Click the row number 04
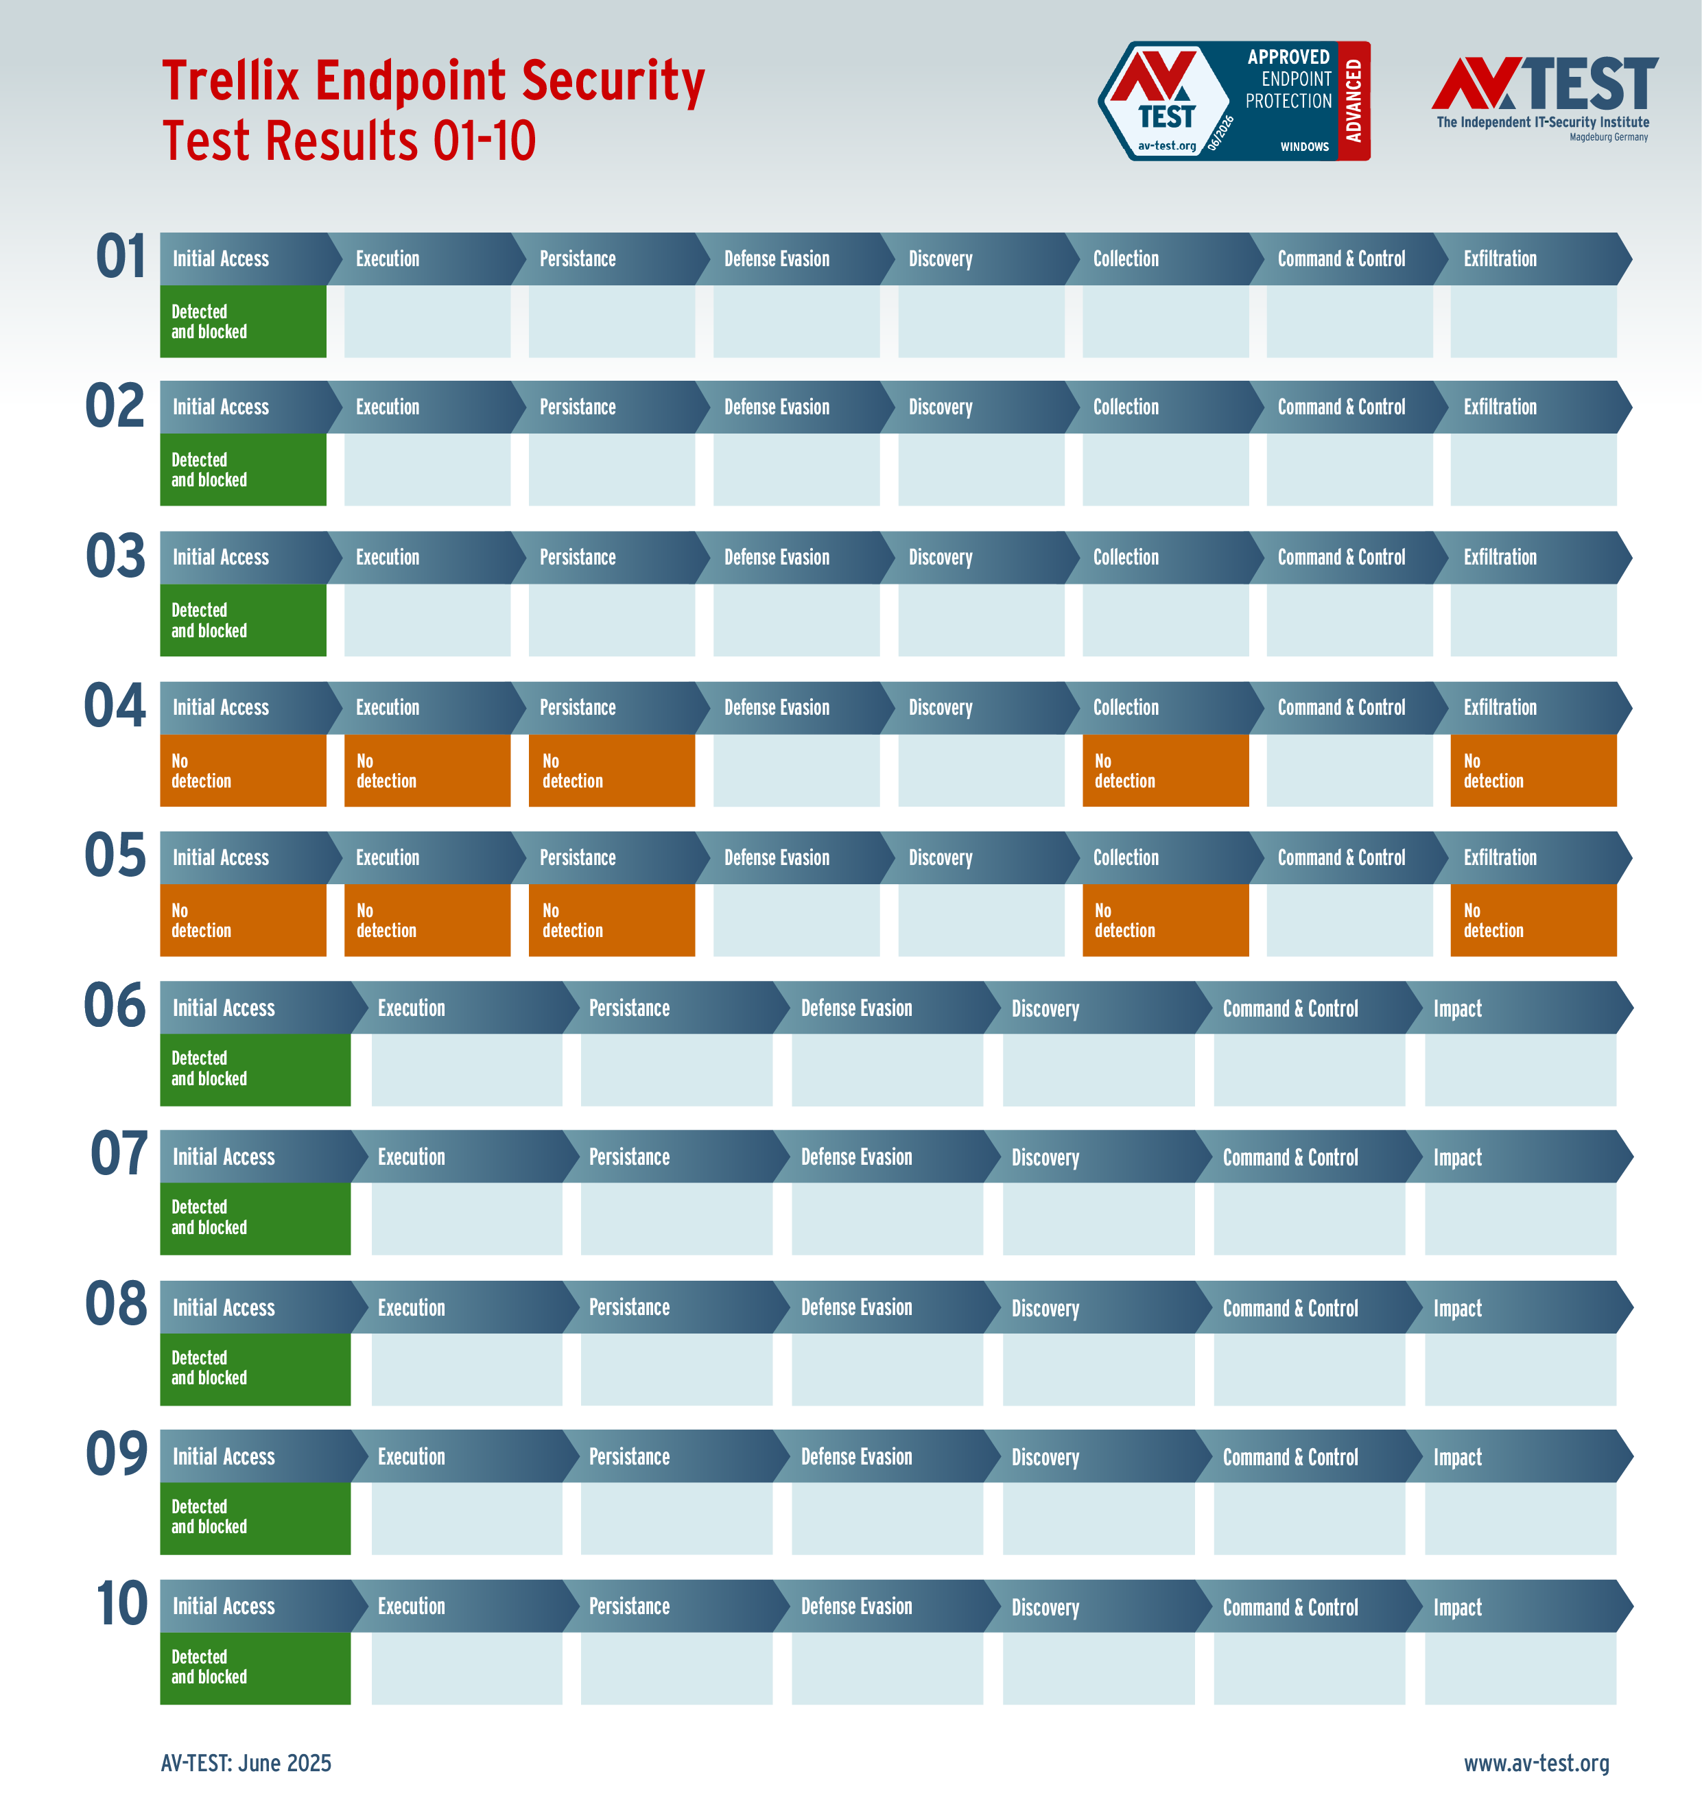[115, 706]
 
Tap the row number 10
[121, 1604]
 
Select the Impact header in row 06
[1457, 1008]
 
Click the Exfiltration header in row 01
[1500, 259]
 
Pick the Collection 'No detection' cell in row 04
[1165, 770]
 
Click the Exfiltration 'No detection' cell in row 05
[1533, 920]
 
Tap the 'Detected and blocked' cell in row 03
[243, 619]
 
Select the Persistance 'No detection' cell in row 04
[611, 770]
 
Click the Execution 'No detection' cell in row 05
[427, 920]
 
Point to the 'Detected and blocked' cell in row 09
[255, 1518]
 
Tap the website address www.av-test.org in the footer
[1536, 1763]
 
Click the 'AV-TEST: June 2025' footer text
[246, 1763]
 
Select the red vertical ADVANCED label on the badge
[1354, 101]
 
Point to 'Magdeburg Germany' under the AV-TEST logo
[1609, 137]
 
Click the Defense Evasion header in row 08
[856, 1307]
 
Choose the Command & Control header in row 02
[1341, 407]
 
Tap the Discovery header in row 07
[1045, 1158]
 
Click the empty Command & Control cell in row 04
[1349, 770]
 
